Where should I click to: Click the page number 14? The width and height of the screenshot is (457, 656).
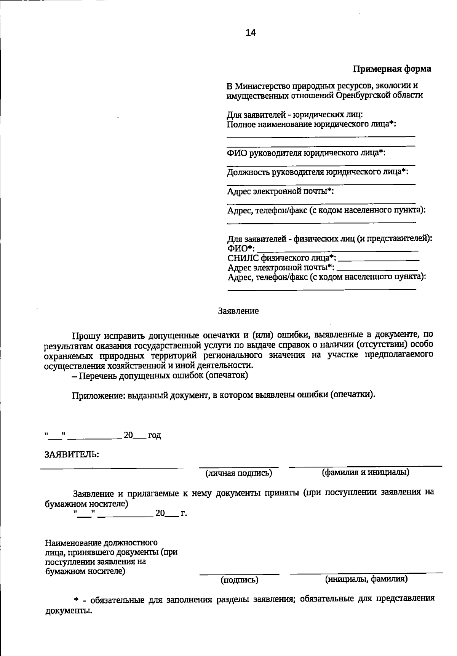(x=251, y=33)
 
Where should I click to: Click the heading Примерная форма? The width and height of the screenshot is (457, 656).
(x=392, y=69)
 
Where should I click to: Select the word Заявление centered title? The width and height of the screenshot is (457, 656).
(x=238, y=311)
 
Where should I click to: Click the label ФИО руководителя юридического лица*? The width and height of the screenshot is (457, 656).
(x=306, y=153)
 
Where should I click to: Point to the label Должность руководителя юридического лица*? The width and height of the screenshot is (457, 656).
(x=318, y=172)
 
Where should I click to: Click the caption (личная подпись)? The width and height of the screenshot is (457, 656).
(x=239, y=473)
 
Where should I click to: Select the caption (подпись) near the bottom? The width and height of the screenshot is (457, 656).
(x=240, y=580)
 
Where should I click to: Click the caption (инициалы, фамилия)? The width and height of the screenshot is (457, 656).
(x=366, y=579)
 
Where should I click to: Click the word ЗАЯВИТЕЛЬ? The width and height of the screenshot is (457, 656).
(x=72, y=454)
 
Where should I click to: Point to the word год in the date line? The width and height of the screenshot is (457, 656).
(x=154, y=435)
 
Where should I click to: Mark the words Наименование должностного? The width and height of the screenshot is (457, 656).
(x=101, y=542)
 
